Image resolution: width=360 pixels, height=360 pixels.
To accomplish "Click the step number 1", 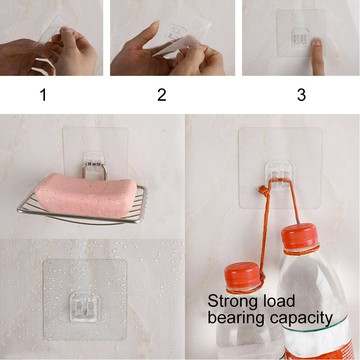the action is (x=43, y=95).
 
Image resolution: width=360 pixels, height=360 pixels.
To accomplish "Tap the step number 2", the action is (x=162, y=95).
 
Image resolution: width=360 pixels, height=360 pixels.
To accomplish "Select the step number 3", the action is (x=301, y=95).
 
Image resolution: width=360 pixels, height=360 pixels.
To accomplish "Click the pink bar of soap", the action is (x=86, y=194).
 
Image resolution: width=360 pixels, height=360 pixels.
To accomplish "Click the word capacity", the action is (x=301, y=318).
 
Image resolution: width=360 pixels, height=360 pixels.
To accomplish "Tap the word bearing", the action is (x=237, y=318).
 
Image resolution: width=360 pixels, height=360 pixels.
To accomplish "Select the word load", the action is (x=278, y=301).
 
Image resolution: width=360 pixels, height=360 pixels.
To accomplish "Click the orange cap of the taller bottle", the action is (x=299, y=237).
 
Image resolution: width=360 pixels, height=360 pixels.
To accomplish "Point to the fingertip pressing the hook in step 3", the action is (x=317, y=43).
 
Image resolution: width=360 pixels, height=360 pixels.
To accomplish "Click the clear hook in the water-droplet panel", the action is (x=84, y=307).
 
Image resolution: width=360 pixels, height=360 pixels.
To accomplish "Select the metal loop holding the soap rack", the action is (x=95, y=170).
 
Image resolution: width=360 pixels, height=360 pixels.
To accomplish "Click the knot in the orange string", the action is (x=263, y=191).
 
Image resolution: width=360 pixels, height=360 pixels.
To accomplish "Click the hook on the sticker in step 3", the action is (x=301, y=37).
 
